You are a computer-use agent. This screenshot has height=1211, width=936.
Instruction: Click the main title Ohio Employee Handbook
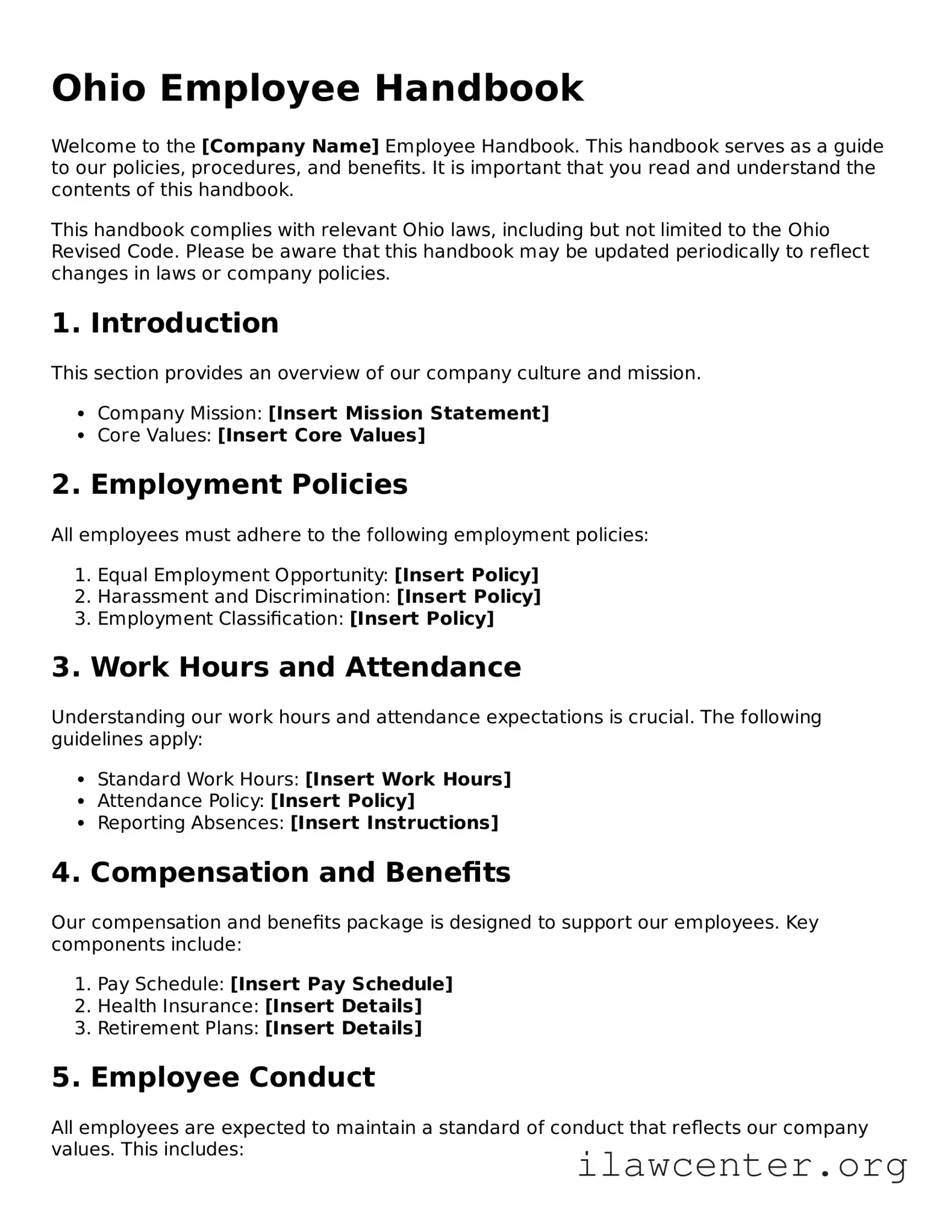coord(317,89)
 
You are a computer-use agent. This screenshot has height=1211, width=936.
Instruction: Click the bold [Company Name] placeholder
coord(290,146)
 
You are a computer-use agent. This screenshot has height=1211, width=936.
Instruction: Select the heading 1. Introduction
coord(165,323)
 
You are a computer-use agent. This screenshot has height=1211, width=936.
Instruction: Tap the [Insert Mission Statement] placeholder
coord(408,413)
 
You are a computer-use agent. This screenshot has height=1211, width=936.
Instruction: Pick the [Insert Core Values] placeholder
coord(321,435)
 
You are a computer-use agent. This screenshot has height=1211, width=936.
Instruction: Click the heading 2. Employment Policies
coord(229,485)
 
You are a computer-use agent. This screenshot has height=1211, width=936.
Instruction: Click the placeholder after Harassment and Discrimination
coord(469,597)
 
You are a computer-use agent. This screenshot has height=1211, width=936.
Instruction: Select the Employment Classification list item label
coord(220,618)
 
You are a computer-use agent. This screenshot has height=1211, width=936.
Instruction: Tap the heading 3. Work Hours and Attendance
coord(286,667)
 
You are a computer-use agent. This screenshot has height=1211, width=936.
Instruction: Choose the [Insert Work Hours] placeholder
coord(408,779)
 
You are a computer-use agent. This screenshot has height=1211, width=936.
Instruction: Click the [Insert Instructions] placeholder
coord(394,823)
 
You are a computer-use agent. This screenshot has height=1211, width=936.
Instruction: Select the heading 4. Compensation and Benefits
coord(281,873)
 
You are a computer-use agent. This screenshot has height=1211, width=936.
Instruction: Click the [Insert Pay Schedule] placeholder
coord(341,984)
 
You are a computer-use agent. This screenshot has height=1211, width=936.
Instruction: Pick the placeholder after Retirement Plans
coord(343,1027)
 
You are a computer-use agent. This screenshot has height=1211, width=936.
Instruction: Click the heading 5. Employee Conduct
coord(213,1077)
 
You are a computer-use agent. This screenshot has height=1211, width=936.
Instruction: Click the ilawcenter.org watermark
coord(742,1165)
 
